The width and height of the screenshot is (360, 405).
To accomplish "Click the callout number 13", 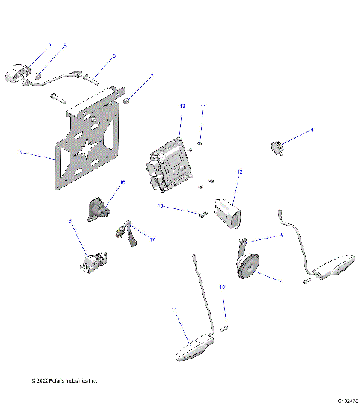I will pos(181,108).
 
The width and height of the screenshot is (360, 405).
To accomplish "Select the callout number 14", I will pos(202,108).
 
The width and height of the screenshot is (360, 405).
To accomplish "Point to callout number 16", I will pos(122,182).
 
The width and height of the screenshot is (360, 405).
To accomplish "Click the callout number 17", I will pos(152,239).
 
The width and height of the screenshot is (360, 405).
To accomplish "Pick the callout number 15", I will pos(160,205).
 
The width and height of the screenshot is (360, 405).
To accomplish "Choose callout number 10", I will pos(221,286).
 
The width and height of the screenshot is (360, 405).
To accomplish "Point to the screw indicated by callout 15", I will pos(203,216).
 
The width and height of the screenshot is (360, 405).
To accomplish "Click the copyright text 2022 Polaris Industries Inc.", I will pos(64,380).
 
